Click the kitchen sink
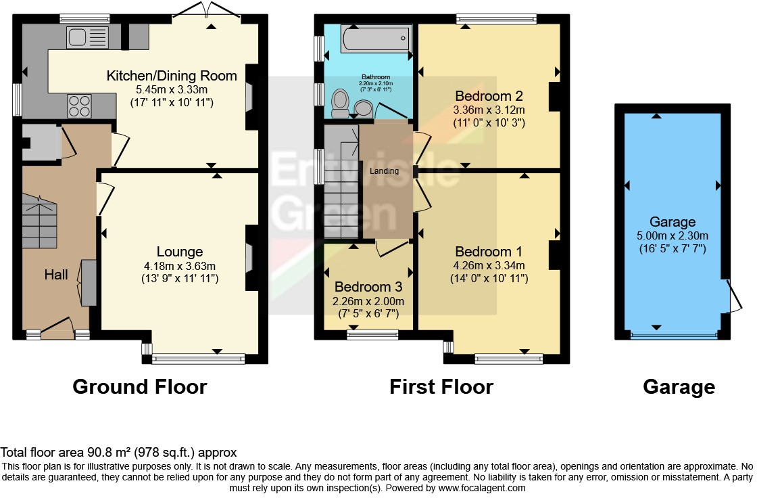coord(84,37)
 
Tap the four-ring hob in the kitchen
coord(80,106)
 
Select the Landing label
coord(384,171)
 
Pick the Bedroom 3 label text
coord(363,287)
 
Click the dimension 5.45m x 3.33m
coord(172,89)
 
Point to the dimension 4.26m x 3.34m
coord(489,265)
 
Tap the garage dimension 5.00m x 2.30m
coord(673,235)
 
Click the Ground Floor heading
coord(139,386)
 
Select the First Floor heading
coord(441,386)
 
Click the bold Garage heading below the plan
coord(679,386)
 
